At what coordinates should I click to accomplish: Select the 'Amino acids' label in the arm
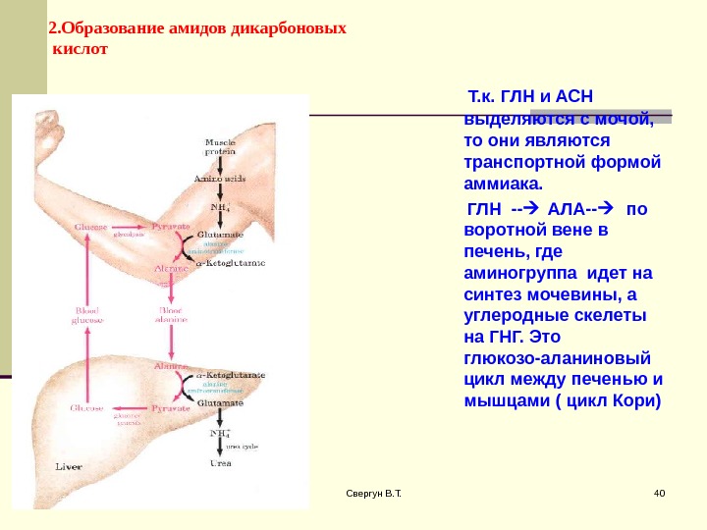click(x=219, y=180)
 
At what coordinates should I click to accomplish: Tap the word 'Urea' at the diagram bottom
click(x=219, y=462)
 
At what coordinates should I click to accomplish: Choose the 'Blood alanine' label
click(x=171, y=314)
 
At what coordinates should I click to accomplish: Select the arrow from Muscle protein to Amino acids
click(x=219, y=165)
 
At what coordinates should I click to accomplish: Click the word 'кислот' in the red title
click(x=78, y=47)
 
